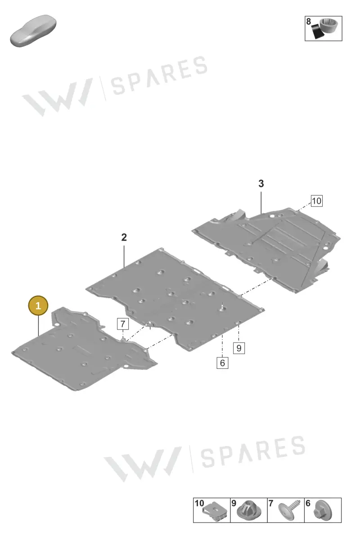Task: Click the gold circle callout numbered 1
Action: coord(38,306)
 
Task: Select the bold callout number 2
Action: coord(124,237)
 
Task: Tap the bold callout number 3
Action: coord(261,184)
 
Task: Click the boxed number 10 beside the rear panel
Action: coord(317,201)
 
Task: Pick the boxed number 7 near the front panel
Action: coord(123,324)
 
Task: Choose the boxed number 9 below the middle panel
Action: coord(239,348)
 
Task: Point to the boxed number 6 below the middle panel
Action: coord(222,363)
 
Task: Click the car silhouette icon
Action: coord(33,31)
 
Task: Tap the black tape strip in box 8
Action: coord(318,31)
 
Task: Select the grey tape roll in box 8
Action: coord(328,25)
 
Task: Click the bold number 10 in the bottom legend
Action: coord(199,503)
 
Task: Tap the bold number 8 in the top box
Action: coord(309,22)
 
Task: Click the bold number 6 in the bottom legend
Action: coord(308,503)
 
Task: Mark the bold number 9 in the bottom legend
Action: coord(234,503)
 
